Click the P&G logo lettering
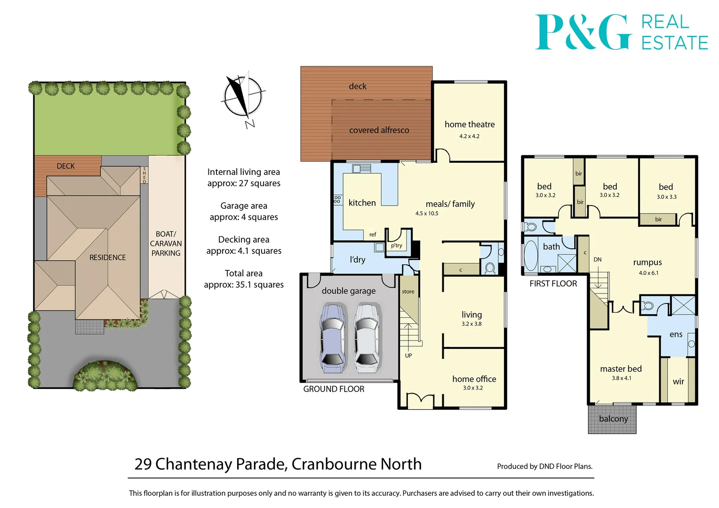coord(583,32)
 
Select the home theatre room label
coord(469,125)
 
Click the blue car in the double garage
coord(333,337)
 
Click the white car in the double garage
coord(367,337)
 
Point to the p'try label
coord(397,246)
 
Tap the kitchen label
coord(362,203)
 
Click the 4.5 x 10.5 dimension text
coord(426,214)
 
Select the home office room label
coord(474,379)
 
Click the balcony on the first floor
coord(612,419)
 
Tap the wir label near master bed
coord(678,381)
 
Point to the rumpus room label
coord(647,262)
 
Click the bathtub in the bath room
coord(531,255)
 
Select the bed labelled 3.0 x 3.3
coord(666,187)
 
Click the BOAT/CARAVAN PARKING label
coord(166,243)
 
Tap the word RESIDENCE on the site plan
coord(108,257)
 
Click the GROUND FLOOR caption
coord(334,389)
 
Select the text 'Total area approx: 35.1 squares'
coord(244,279)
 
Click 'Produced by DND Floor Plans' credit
coord(544,466)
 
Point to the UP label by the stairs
coord(408,356)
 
